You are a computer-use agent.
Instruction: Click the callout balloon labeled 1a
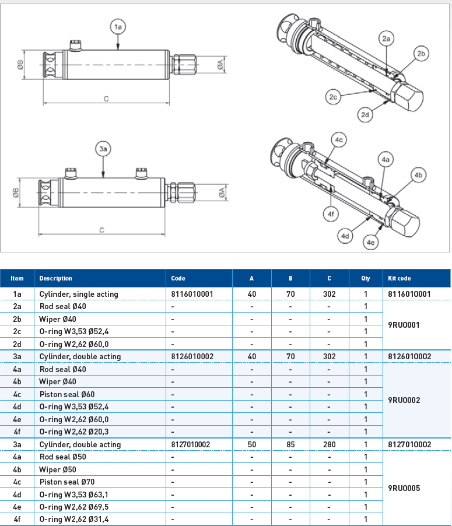pyautogui.click(x=118, y=27)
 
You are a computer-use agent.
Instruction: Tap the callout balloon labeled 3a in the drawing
pyautogui.click(x=103, y=150)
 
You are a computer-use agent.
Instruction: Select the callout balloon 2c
pyautogui.click(x=333, y=97)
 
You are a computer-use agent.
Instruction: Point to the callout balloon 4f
pyautogui.click(x=331, y=215)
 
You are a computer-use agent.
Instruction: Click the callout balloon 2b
pyautogui.click(x=422, y=54)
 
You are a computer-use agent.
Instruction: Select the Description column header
pyautogui.click(x=56, y=278)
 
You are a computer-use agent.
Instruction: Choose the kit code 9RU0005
pyautogui.click(x=404, y=488)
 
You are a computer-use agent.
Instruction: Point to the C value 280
pyautogui.click(x=329, y=444)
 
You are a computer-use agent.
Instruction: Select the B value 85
pyautogui.click(x=290, y=444)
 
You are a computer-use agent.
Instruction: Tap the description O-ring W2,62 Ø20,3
pyautogui.click(x=74, y=432)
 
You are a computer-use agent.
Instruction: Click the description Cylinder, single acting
pyautogui.click(x=79, y=294)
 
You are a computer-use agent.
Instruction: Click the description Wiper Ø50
pyautogui.click(x=58, y=469)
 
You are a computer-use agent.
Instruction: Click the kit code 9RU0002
pyautogui.click(x=404, y=400)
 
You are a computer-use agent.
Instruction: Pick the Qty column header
pyautogui.click(x=365, y=278)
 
